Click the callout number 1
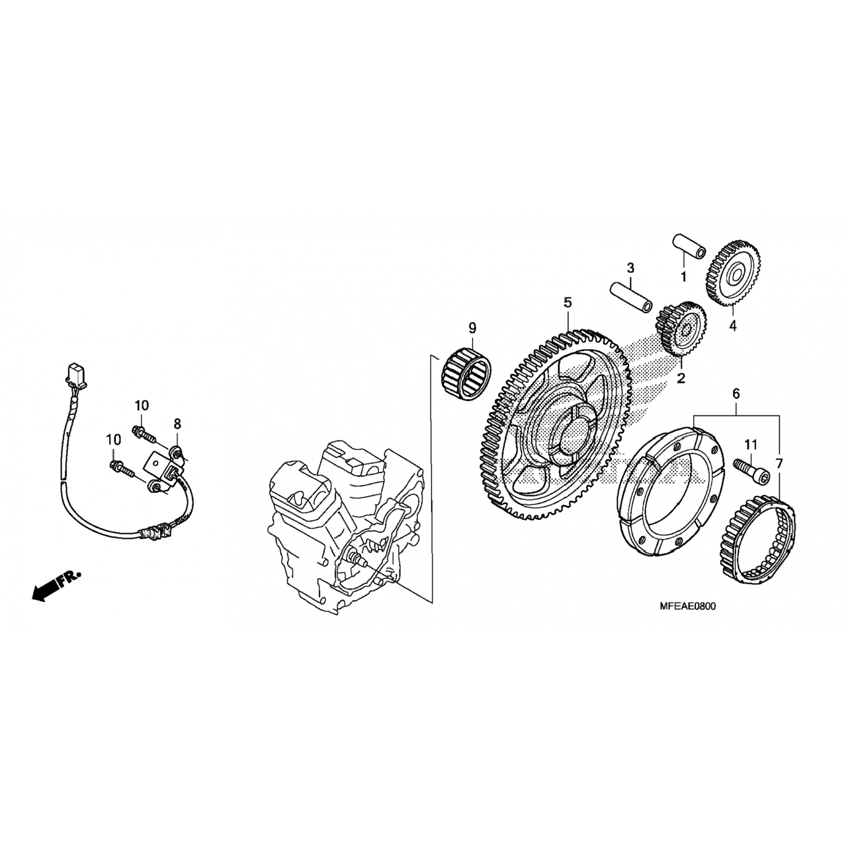(683, 277)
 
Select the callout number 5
(568, 303)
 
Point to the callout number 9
(472, 328)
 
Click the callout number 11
(750, 445)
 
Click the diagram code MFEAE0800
(687, 607)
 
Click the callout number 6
(736, 393)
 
